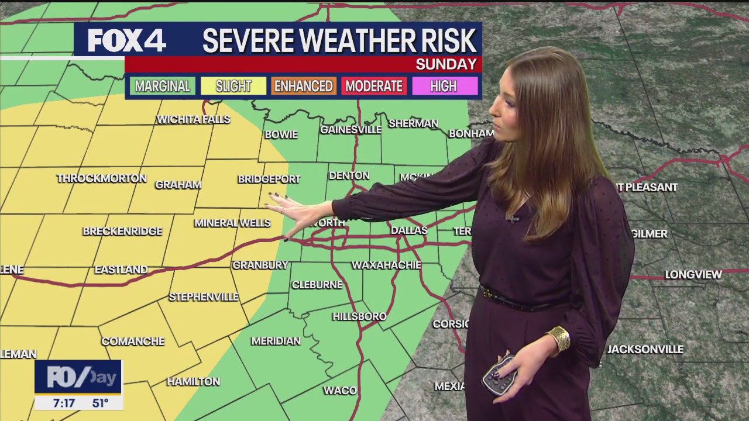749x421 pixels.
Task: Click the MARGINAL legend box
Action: tap(162, 87)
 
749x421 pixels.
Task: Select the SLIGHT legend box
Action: tap(233, 87)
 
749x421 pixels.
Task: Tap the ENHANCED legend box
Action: tap(303, 87)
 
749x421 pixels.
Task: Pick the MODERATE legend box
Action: tap(374, 87)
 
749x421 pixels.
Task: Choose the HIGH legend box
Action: tap(444, 87)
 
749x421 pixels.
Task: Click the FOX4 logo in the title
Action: tap(127, 41)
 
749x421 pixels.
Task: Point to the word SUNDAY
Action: tap(446, 64)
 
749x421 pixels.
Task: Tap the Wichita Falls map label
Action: tap(194, 119)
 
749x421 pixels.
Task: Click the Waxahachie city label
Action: tap(386, 265)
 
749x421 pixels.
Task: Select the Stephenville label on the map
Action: tap(204, 297)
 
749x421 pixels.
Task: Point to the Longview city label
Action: tap(693, 274)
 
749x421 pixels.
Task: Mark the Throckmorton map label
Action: tap(102, 178)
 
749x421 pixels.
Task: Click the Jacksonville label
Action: tap(645, 349)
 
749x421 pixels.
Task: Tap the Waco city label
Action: tap(339, 391)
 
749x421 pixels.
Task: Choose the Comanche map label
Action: tap(133, 341)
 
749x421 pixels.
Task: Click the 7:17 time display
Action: tap(64, 403)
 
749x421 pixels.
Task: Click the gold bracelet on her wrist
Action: tap(558, 340)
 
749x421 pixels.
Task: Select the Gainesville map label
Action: tap(351, 130)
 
